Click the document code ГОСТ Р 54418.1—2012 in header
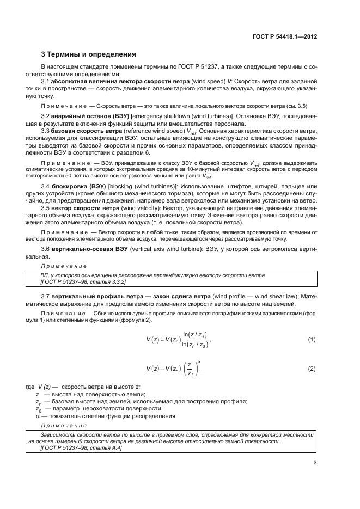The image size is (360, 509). click(285, 36)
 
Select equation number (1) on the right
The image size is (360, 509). click(312, 340)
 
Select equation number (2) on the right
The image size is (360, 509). click(312, 369)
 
